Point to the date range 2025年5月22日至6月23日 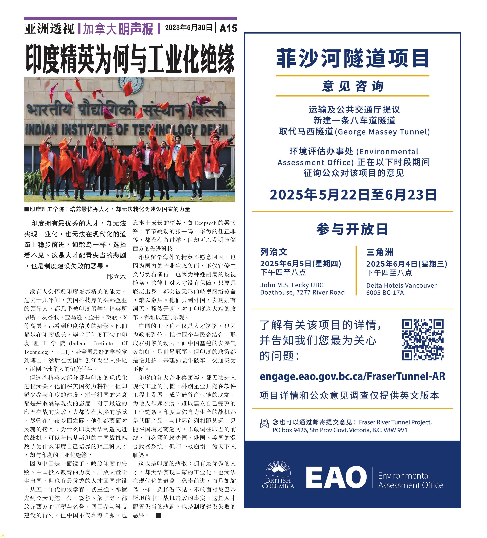(353, 195)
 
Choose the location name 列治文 (274, 252)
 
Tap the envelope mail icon (264, 424)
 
